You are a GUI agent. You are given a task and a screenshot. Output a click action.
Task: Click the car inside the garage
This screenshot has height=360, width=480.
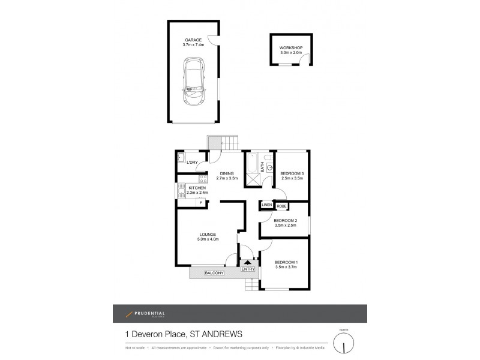point(195,83)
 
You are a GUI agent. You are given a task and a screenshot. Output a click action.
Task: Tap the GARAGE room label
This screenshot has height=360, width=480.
point(193,40)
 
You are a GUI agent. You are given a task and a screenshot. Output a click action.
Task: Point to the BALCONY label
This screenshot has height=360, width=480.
point(214,274)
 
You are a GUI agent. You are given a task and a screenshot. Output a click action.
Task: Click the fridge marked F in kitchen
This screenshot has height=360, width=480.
point(200,202)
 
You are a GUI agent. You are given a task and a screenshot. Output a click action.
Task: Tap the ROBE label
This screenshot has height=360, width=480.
point(282,206)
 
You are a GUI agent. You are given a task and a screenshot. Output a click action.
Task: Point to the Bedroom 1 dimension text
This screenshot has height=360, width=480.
point(286,268)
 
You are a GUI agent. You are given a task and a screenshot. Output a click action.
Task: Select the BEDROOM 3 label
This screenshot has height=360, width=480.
point(292,173)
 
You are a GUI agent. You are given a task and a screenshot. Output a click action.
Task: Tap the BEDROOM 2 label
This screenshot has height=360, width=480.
point(286,220)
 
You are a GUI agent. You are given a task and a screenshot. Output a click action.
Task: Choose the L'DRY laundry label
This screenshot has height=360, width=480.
point(192,163)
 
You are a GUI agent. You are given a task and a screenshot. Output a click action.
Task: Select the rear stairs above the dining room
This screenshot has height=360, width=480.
point(230,143)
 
